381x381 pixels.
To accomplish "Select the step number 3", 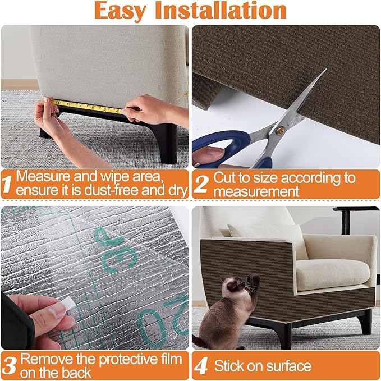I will pyautogui.click(x=8, y=365).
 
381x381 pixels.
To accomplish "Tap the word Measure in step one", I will pyautogui.click(x=43, y=176).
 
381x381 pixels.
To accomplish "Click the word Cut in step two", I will pyautogui.click(x=225, y=178).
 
